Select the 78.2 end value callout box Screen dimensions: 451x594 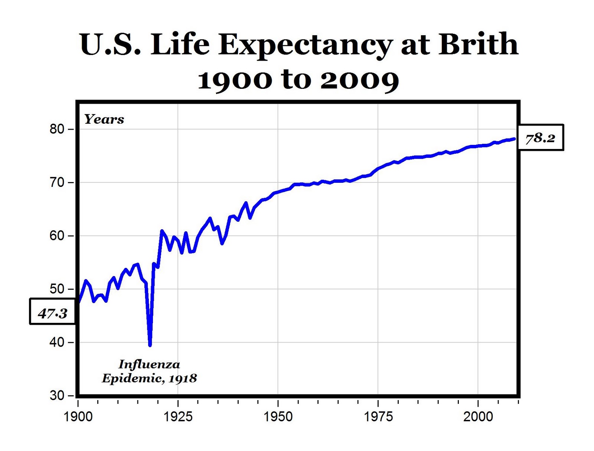tap(540, 138)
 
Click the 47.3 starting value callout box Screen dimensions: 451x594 tap(53, 311)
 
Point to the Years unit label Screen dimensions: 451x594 tap(104, 119)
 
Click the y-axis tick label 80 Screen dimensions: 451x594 tap(57, 129)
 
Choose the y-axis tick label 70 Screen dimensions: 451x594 tap(57, 183)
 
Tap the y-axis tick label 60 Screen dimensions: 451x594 tap(57, 236)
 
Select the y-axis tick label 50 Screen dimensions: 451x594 tap(57, 289)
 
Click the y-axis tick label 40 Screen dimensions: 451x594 tap(57, 342)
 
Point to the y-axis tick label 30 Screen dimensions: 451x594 tap(57, 395)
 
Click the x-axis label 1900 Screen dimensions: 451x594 tap(78, 416)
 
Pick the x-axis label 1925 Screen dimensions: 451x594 tap(178, 416)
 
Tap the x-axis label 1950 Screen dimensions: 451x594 tap(278, 416)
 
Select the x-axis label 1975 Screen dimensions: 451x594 tap(378, 416)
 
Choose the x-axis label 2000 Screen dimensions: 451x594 tap(478, 416)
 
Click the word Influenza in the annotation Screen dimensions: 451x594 tap(149, 364)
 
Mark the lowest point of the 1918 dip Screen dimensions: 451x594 tap(150, 345)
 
